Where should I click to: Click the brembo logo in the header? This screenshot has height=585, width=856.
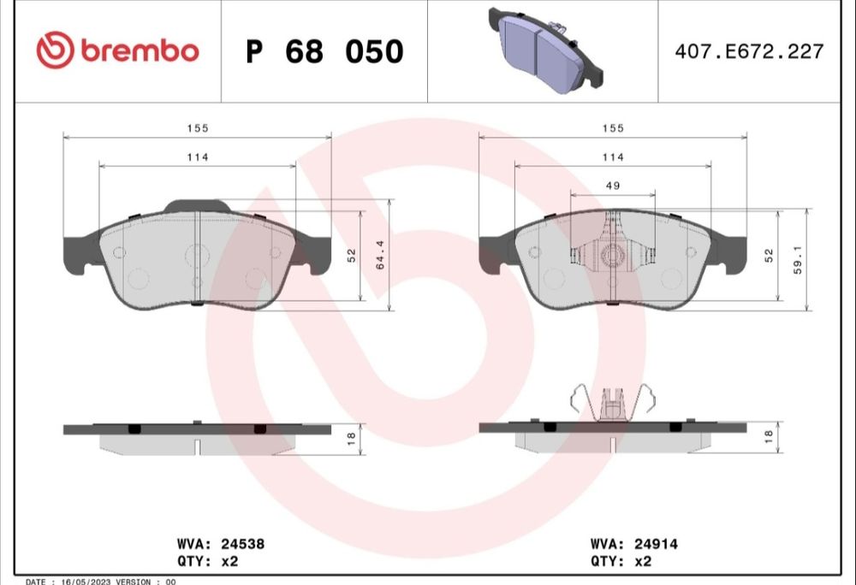coord(117,50)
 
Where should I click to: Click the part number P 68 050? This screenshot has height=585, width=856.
coord(324,52)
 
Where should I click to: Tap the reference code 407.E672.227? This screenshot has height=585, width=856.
coord(749,51)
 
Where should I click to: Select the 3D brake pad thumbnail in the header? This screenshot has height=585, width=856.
coord(546,50)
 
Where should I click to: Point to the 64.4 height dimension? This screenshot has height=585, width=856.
coord(381,255)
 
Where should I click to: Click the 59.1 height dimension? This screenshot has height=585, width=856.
coord(798,259)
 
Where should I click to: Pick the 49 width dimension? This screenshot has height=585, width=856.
coord(613,186)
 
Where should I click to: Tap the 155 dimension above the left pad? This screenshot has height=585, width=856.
coord(198,128)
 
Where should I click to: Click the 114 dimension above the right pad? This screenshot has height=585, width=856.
coord(613,157)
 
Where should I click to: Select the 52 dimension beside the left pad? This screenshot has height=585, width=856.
coord(352,255)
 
